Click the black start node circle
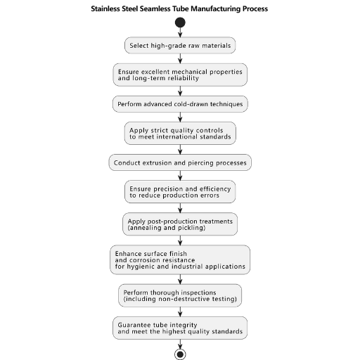click(x=180, y=22)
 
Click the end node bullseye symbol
click(x=180, y=354)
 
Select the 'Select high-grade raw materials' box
click(x=180, y=45)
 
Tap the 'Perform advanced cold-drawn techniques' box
click(x=180, y=104)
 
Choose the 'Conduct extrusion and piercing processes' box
click(x=180, y=162)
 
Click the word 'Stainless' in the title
click(x=105, y=9)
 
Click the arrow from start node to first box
click(x=180, y=32)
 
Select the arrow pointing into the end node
click(x=180, y=344)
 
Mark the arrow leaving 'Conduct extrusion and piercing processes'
click(x=180, y=176)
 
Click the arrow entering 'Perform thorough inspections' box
click(x=180, y=279)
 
